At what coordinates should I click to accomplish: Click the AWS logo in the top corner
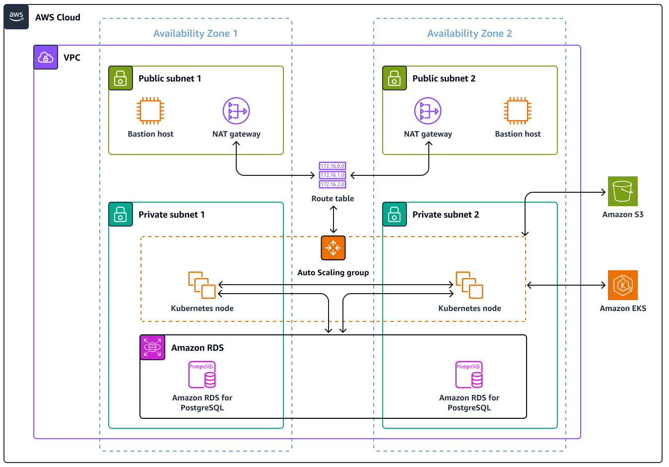[x=16, y=17]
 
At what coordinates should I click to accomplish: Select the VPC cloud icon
[x=46, y=57]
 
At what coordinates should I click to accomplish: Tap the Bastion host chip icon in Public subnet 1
[x=150, y=111]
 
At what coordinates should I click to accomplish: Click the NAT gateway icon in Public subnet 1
[x=236, y=111]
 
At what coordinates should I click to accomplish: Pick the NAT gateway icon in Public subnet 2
[x=428, y=111]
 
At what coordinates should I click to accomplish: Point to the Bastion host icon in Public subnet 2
[x=518, y=111]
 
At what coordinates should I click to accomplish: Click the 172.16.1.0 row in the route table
[x=333, y=175]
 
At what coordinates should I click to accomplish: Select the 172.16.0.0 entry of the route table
[x=333, y=166]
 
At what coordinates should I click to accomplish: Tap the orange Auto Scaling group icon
[x=333, y=248]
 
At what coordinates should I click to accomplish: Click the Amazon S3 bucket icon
[x=623, y=191]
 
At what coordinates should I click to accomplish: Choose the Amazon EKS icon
[x=623, y=285]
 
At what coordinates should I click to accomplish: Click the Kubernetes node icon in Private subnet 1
[x=202, y=285]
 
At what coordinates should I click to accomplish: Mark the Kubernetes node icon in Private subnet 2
[x=469, y=285]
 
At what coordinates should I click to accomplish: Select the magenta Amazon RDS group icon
[x=152, y=347]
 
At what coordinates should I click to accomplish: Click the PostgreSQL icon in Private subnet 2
[x=469, y=375]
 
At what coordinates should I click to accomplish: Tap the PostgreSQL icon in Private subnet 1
[x=202, y=375]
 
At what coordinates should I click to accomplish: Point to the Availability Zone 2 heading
[x=469, y=33]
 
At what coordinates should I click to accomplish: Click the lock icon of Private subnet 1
[x=121, y=214]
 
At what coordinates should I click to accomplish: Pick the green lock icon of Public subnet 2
[x=395, y=78]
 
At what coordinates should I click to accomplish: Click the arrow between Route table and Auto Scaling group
[x=334, y=220]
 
